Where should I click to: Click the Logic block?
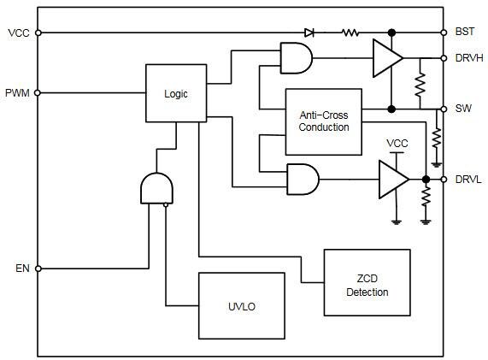coord(176,93)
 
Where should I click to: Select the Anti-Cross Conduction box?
coord(324,121)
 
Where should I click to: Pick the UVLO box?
coord(242,305)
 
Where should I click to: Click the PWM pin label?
coord(17,92)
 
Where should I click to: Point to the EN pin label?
coord(21,268)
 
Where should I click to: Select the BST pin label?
coord(465,32)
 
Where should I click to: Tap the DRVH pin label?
coord(469,58)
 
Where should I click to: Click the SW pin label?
coord(463,109)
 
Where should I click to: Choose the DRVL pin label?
coord(468,180)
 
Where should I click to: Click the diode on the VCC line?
coord(309,32)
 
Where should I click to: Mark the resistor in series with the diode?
coord(350,32)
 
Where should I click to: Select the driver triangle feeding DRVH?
coord(387,57)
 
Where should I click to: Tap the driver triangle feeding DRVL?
coord(394,180)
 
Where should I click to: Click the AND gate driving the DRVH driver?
coord(296,58)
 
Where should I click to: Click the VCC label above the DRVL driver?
coord(397,143)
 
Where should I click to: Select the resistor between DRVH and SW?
coord(420,84)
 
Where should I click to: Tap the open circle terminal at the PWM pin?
coord(38,92)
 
